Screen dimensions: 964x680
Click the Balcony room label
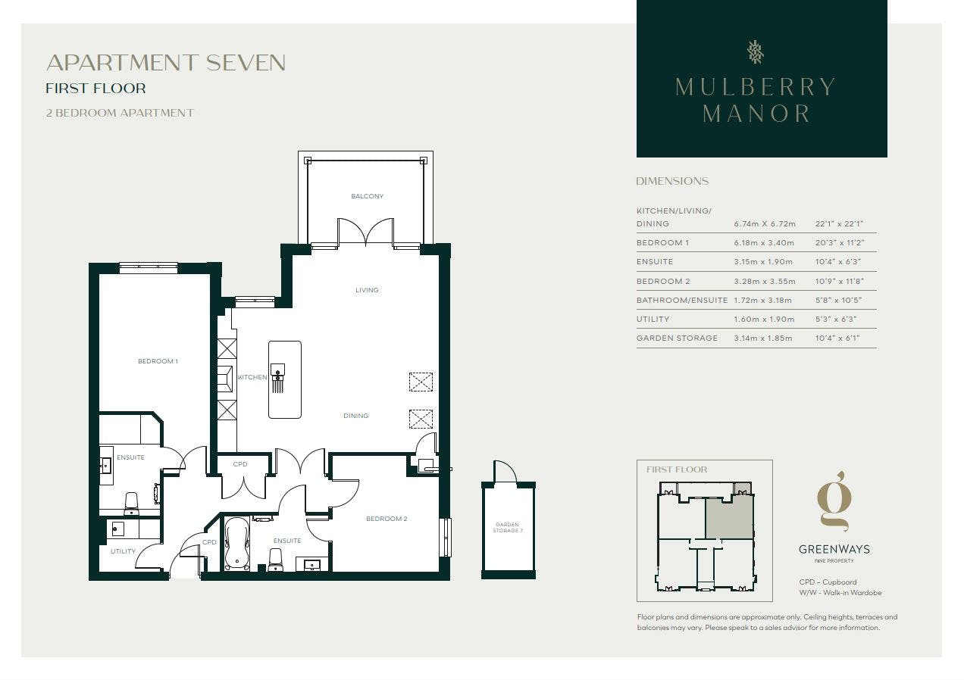coord(367,196)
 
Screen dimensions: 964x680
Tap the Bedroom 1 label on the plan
coord(158,361)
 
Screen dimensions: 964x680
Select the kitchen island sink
coord(277,370)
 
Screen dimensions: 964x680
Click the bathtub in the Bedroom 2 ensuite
coord(236,544)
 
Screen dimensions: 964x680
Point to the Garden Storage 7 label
coord(508,527)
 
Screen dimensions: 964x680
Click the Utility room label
coord(123,551)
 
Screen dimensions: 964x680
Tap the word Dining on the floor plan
coord(356,416)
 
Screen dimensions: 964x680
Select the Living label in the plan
coord(367,290)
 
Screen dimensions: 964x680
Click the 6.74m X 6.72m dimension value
coord(765,224)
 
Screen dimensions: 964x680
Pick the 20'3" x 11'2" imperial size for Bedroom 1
coord(840,243)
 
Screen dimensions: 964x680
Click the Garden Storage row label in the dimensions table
coord(677,338)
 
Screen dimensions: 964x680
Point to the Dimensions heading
coord(672,181)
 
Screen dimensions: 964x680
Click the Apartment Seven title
coord(166,63)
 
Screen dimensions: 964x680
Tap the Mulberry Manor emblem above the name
coord(756,52)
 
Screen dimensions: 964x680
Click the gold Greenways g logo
coord(834,501)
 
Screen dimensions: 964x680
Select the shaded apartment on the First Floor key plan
coord(729,518)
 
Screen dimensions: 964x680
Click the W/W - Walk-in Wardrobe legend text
coord(840,593)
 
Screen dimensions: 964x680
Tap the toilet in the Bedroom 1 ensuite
coord(131,504)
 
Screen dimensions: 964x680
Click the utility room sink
coord(117,529)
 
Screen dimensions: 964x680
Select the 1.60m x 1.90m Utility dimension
coord(764,320)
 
